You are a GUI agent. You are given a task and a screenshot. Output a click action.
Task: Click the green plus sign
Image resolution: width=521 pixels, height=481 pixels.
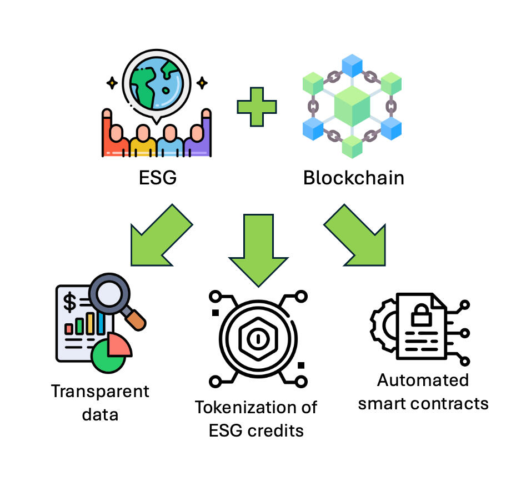[x=256, y=106]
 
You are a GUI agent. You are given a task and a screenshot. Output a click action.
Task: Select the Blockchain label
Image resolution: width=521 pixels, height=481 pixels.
[x=353, y=178]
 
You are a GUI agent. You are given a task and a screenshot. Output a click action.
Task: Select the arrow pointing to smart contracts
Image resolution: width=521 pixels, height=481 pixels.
[x=355, y=236]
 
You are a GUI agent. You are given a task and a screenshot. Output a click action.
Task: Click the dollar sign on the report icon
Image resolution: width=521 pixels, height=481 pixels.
[x=70, y=302]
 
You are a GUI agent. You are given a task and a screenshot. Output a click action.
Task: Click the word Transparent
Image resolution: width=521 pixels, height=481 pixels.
[x=100, y=392]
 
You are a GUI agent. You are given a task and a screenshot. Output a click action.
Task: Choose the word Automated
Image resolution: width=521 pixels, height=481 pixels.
[x=423, y=380]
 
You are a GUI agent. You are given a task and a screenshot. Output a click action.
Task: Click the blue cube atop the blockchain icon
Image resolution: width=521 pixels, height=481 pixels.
[x=352, y=64]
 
